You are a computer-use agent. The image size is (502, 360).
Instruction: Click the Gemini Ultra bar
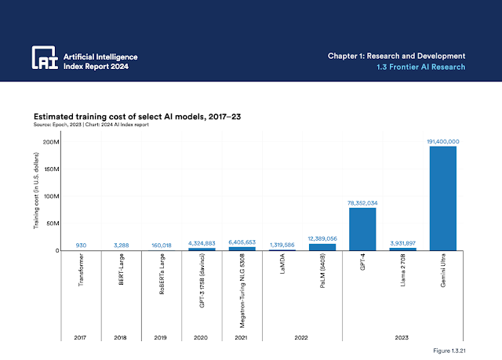[x=442, y=198]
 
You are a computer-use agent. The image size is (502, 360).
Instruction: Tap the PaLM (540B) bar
[x=322, y=247]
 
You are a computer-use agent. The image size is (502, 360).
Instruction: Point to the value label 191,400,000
[x=442, y=141]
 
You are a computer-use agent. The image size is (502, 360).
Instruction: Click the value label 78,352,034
[x=362, y=202]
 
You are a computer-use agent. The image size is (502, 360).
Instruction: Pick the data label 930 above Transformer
[x=81, y=245]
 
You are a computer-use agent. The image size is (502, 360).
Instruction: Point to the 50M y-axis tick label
[x=52, y=224]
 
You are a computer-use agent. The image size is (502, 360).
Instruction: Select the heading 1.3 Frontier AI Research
[x=417, y=67]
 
